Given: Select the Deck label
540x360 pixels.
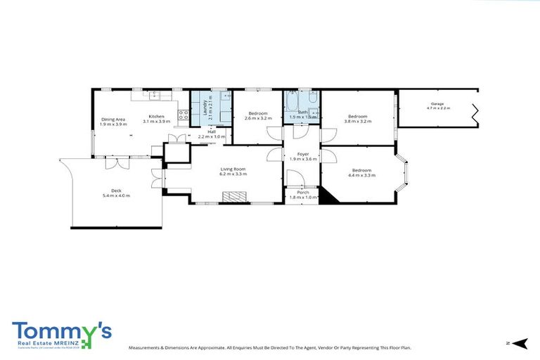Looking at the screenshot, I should click(116, 191).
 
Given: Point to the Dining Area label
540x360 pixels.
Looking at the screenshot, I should click(113, 119).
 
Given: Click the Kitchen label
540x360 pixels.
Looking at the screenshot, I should click(156, 116).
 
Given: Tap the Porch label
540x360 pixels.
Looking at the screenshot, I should click(303, 192).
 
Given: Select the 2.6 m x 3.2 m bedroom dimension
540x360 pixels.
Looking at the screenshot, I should click(257, 119).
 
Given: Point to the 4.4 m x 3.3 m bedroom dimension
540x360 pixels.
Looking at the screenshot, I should click(361, 175).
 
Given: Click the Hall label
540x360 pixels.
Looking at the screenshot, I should click(211, 131).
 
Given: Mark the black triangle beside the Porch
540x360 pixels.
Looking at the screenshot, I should click(328, 195).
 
